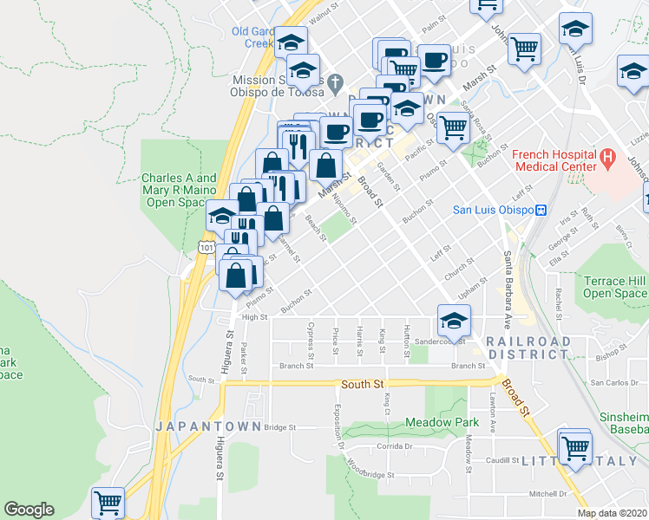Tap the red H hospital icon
click(607, 159)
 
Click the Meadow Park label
click(442, 422)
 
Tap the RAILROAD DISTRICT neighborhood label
click(528, 348)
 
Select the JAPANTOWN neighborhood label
click(196, 426)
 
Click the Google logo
click(29, 510)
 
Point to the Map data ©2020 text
click(612, 513)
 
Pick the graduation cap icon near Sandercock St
click(453, 323)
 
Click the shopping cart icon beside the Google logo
click(108, 503)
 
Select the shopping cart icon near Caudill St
click(574, 447)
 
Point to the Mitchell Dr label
click(548, 493)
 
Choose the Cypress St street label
click(310, 338)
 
